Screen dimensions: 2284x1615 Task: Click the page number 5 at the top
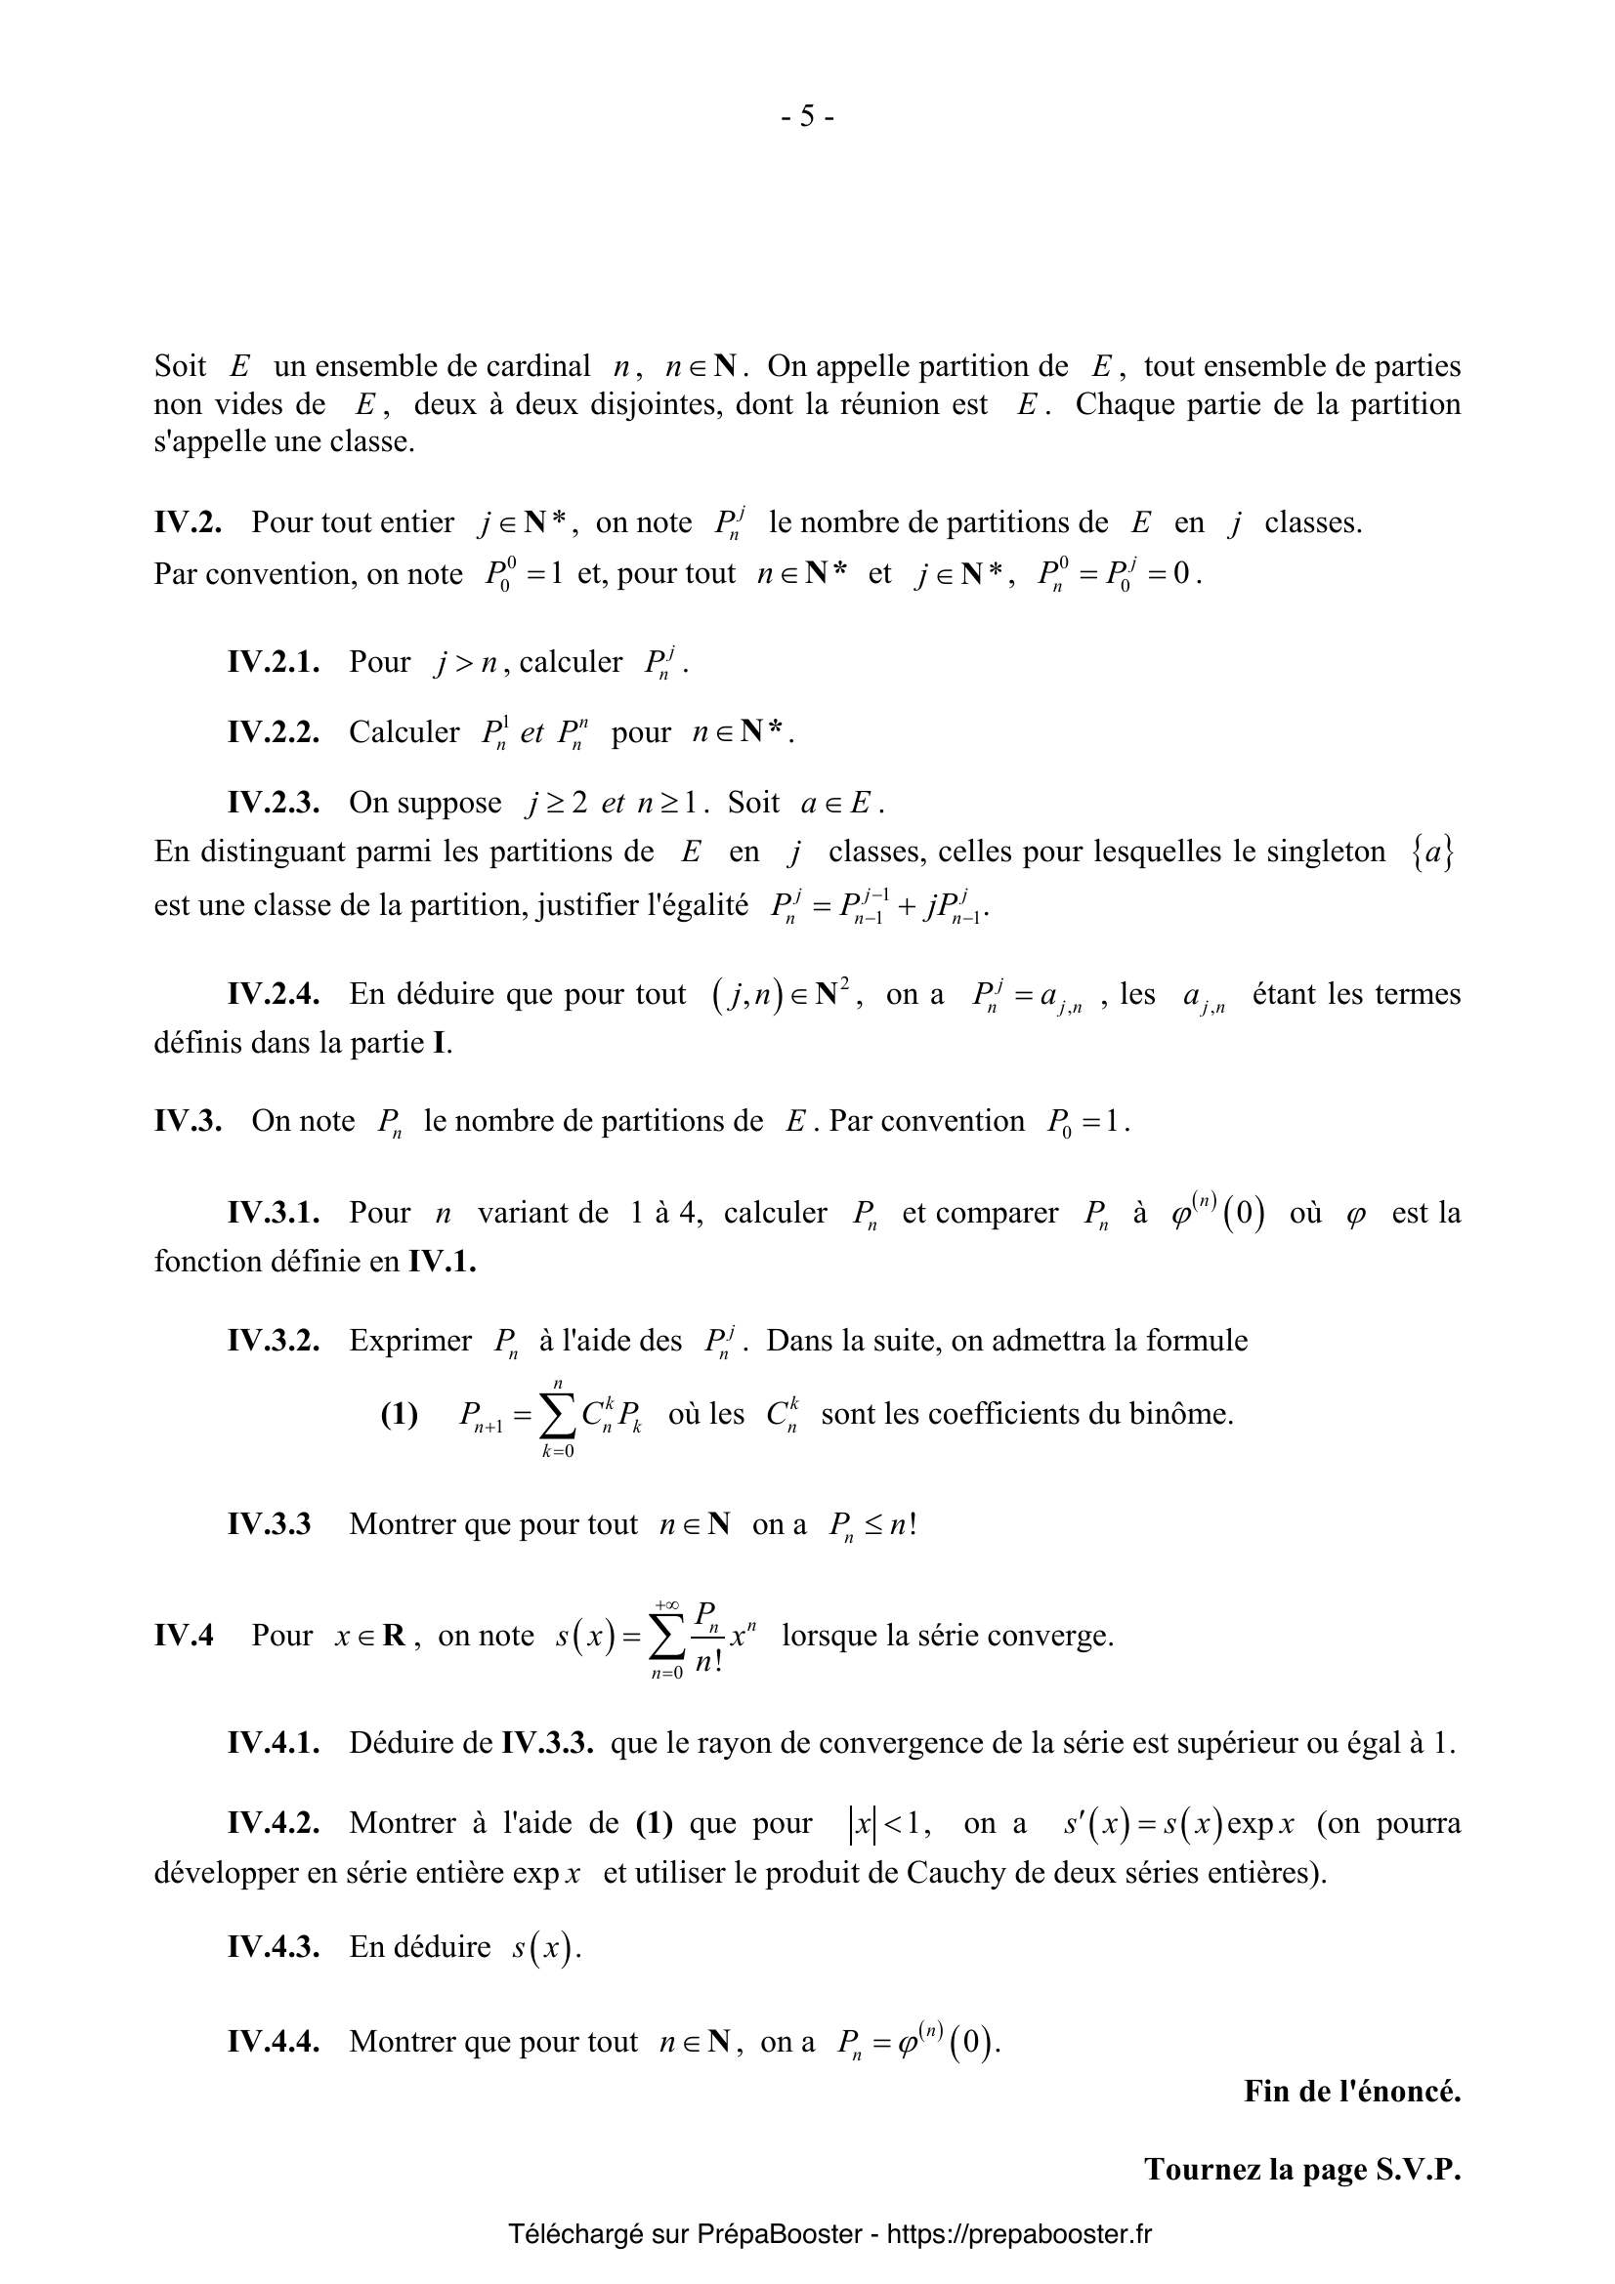(x=807, y=116)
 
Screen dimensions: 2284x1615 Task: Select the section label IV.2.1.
(x=273, y=662)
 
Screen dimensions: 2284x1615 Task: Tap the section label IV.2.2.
(x=273, y=732)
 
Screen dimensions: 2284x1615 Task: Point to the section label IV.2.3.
(x=273, y=803)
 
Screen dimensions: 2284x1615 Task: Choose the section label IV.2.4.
(x=273, y=994)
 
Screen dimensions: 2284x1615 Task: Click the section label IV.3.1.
(x=273, y=1213)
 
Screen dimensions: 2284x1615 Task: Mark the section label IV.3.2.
(x=273, y=1340)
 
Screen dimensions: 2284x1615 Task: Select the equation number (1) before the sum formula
(x=399, y=1414)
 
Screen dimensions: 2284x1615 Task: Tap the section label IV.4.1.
(x=273, y=1742)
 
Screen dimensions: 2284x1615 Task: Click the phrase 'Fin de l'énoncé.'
(x=1351, y=2091)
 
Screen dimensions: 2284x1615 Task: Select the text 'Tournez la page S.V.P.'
(x=1301, y=2169)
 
